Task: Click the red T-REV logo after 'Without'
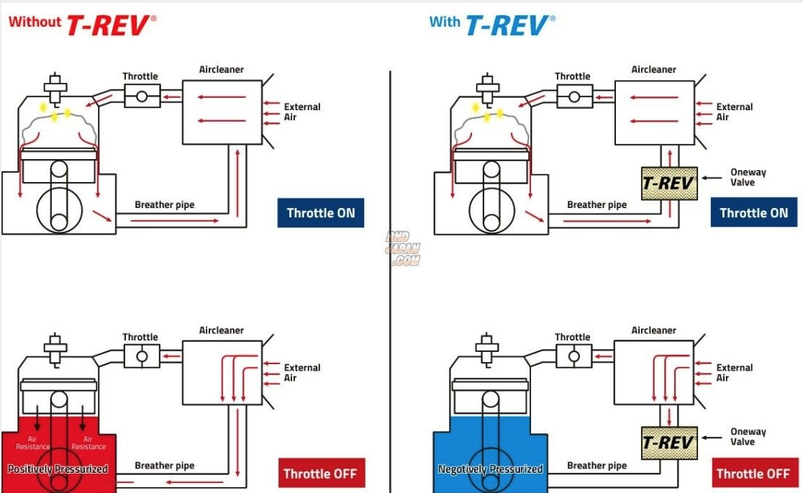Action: [x=110, y=24]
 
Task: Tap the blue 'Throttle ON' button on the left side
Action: [x=320, y=212]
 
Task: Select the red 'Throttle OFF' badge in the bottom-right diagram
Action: [x=752, y=473]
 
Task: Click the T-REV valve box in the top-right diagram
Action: [x=668, y=183]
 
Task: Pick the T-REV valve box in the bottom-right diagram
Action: [x=668, y=443]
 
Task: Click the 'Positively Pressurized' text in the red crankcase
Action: [x=58, y=469]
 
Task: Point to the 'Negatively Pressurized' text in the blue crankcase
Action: [x=490, y=469]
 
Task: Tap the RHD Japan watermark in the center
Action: [x=404, y=249]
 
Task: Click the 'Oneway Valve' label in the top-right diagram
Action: [x=748, y=177]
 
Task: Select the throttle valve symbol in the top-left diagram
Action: [x=142, y=96]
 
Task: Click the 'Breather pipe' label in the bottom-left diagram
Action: [x=164, y=466]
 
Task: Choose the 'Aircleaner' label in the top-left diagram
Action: [x=221, y=70]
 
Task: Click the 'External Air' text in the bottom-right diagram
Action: [x=734, y=372]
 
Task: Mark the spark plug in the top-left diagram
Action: [x=55, y=87]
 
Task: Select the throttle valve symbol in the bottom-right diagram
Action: [x=573, y=356]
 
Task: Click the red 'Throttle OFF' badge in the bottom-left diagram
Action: [x=320, y=473]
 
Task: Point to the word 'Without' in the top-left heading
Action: [x=34, y=22]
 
